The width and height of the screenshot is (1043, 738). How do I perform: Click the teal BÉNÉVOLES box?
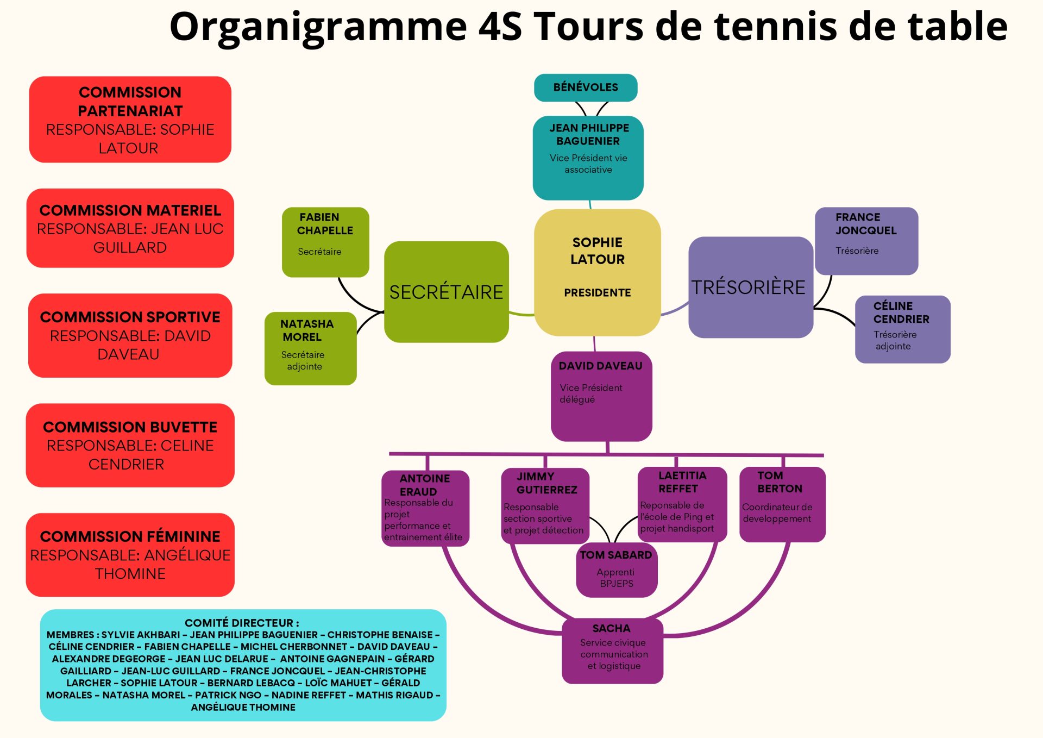[585, 87]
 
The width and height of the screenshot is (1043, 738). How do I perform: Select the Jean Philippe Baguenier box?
[588, 158]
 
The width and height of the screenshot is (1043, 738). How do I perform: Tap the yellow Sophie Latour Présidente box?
[597, 272]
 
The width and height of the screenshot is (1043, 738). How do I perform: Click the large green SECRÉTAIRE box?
[446, 292]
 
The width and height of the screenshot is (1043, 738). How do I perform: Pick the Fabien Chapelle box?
[325, 241]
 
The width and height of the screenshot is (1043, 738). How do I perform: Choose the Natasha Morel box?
[310, 348]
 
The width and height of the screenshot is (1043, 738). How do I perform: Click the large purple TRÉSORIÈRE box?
[750, 287]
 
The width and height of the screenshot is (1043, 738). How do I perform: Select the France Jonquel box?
[866, 240]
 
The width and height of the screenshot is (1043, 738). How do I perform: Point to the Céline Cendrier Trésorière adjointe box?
[902, 329]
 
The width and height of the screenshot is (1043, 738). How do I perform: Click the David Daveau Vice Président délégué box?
[601, 396]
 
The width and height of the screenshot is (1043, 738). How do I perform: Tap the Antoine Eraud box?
[425, 508]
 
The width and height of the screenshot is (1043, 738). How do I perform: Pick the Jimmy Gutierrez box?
[544, 505]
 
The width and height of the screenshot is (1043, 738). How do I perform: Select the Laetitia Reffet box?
[682, 503]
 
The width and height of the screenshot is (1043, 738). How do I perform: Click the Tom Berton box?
[782, 504]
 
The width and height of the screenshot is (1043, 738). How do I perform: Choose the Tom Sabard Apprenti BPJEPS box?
[616, 570]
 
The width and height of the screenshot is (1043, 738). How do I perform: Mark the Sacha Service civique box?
[612, 651]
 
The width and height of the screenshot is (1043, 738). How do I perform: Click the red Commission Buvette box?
[130, 445]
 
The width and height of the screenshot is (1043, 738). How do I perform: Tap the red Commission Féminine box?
[130, 555]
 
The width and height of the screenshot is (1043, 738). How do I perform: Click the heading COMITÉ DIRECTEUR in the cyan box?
[242, 623]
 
